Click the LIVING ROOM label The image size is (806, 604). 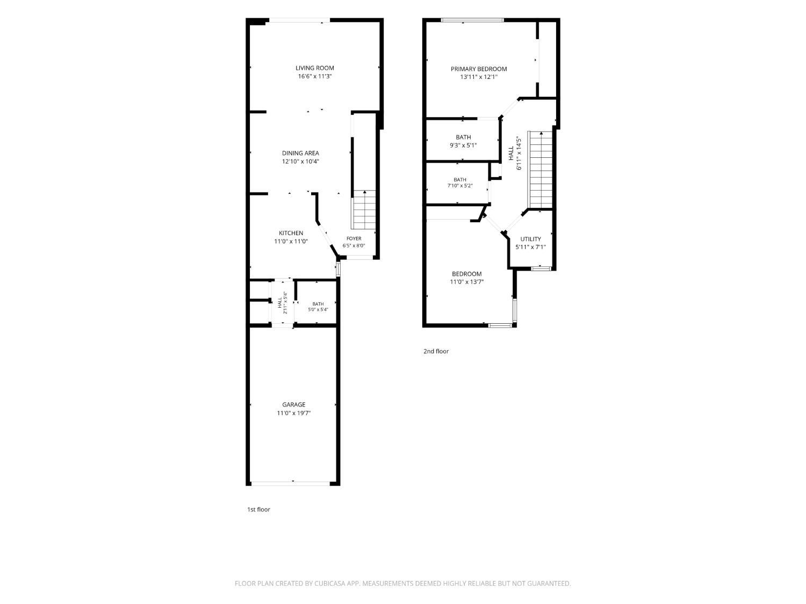click(315, 68)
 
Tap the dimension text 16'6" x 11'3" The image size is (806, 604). click(315, 76)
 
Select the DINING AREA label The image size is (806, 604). click(300, 153)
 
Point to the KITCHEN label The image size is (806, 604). click(291, 233)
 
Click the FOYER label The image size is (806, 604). click(354, 238)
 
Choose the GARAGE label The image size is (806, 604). click(294, 404)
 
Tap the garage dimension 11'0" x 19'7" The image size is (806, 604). click(294, 413)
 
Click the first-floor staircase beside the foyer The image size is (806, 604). click(364, 210)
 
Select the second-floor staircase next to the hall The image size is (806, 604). click(541, 170)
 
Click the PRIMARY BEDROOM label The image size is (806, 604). click(478, 69)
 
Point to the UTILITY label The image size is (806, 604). click(530, 239)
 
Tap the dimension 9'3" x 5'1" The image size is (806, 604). click(463, 145)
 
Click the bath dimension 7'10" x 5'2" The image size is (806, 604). click(460, 186)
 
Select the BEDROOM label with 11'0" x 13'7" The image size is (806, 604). click(467, 274)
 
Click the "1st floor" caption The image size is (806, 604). click(258, 510)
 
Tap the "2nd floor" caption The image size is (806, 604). click(436, 351)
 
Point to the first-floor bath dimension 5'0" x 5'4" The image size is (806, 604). click(318, 310)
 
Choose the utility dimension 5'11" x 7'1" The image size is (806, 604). click(530, 247)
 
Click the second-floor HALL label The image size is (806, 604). click(511, 154)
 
